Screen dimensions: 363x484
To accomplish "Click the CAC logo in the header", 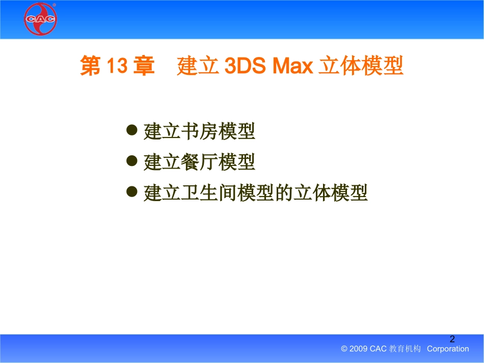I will click(41, 19).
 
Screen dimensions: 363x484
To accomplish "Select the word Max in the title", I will click(292, 67).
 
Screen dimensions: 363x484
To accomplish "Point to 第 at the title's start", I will click(90, 67).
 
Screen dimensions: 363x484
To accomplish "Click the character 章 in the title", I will click(144, 67).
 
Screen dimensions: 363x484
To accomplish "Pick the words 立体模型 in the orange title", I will click(361, 67).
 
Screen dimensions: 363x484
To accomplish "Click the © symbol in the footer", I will click(344, 349).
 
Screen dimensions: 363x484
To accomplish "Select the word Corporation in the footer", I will click(448, 349).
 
